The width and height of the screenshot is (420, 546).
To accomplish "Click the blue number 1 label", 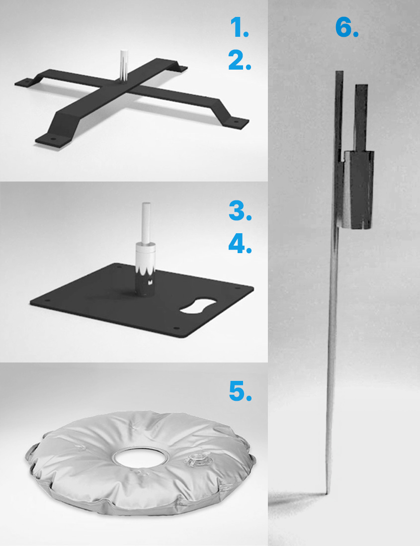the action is [240, 27].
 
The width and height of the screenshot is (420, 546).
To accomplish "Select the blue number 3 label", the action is [240, 211].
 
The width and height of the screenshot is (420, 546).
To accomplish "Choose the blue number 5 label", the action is [240, 391].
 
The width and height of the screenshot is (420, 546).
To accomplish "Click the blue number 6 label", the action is [346, 27].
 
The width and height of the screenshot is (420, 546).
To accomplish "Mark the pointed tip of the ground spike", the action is [327, 493].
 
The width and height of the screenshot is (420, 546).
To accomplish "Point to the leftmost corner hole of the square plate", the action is [48, 300].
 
